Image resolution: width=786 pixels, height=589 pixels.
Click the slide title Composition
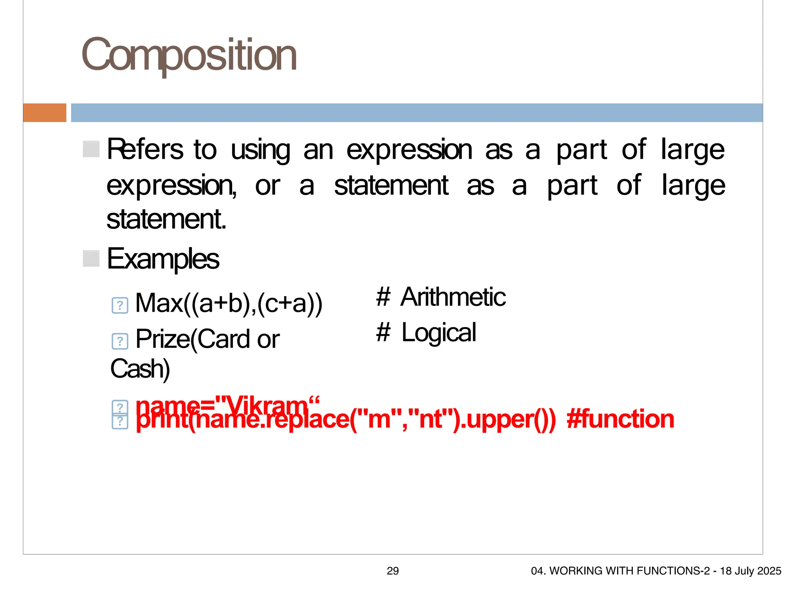click(x=189, y=56)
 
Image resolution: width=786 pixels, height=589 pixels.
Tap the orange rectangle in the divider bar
click(x=45, y=113)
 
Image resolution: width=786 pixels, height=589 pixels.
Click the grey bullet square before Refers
click(x=91, y=149)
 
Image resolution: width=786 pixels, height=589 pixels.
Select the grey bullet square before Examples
click(x=91, y=258)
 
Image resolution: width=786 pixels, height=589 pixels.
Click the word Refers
click(x=145, y=149)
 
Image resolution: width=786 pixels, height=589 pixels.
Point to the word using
click(x=260, y=150)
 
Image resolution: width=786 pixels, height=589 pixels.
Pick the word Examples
click(x=163, y=259)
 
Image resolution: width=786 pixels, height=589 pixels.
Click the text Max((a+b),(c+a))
click(x=229, y=303)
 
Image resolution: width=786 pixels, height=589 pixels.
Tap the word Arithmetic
click(x=453, y=297)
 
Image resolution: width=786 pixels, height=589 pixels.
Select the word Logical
click(x=439, y=332)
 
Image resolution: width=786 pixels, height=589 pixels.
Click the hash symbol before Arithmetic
click(x=383, y=297)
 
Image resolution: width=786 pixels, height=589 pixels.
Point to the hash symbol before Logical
click(x=383, y=332)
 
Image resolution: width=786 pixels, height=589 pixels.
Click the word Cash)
click(x=140, y=369)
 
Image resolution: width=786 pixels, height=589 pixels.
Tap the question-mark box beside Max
click(x=120, y=306)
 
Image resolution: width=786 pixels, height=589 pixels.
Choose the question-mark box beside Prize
click(x=120, y=341)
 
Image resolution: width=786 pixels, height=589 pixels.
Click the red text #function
click(x=620, y=419)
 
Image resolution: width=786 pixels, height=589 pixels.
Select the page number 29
click(x=393, y=571)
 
